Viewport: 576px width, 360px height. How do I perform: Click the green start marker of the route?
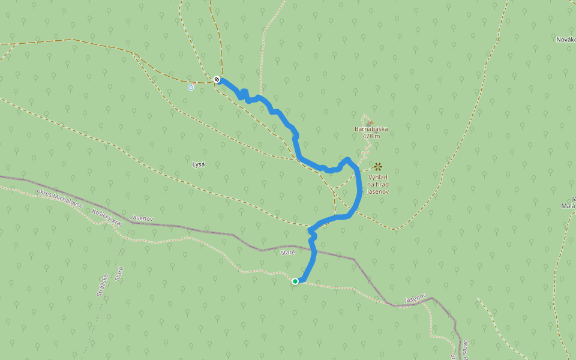(295, 281)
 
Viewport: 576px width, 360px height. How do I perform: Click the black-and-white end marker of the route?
(217, 79)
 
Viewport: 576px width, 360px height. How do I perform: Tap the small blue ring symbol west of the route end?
(191, 88)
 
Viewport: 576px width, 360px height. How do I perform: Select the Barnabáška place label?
(371, 129)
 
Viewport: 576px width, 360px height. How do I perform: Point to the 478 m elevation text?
(371, 136)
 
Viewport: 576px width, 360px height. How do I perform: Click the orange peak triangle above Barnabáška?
(370, 122)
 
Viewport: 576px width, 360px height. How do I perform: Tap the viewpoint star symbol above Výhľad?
(378, 166)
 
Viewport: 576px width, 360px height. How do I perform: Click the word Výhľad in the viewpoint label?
(378, 178)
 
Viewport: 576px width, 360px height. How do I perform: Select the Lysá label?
(198, 164)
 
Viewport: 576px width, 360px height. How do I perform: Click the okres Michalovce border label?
(59, 199)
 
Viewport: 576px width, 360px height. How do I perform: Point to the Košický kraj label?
(107, 217)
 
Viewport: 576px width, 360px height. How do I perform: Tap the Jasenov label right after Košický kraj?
(142, 220)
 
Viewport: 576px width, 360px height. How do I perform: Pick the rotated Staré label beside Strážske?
(119, 275)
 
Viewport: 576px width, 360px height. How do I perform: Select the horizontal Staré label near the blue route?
(288, 253)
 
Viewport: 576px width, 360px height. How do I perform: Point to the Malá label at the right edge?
(568, 206)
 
